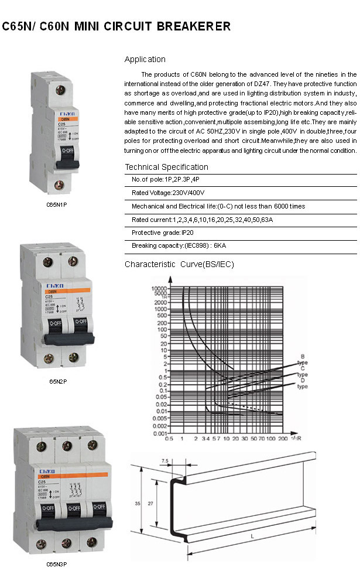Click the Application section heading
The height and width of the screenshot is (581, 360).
145,59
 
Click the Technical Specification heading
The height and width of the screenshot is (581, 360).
166,167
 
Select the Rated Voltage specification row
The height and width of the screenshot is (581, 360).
168,192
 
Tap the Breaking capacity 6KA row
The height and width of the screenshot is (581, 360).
172,245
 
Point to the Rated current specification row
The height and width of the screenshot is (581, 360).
202,220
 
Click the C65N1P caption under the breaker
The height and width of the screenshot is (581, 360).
58,205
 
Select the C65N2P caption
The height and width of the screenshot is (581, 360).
58,381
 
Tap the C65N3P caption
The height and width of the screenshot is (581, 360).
58,565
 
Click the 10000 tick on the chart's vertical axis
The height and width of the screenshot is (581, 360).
159,289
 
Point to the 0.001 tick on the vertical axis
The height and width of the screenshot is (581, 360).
159,433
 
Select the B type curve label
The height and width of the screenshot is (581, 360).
302,359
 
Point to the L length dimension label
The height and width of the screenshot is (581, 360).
252,536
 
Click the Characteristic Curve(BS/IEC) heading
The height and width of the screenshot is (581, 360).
179,265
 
